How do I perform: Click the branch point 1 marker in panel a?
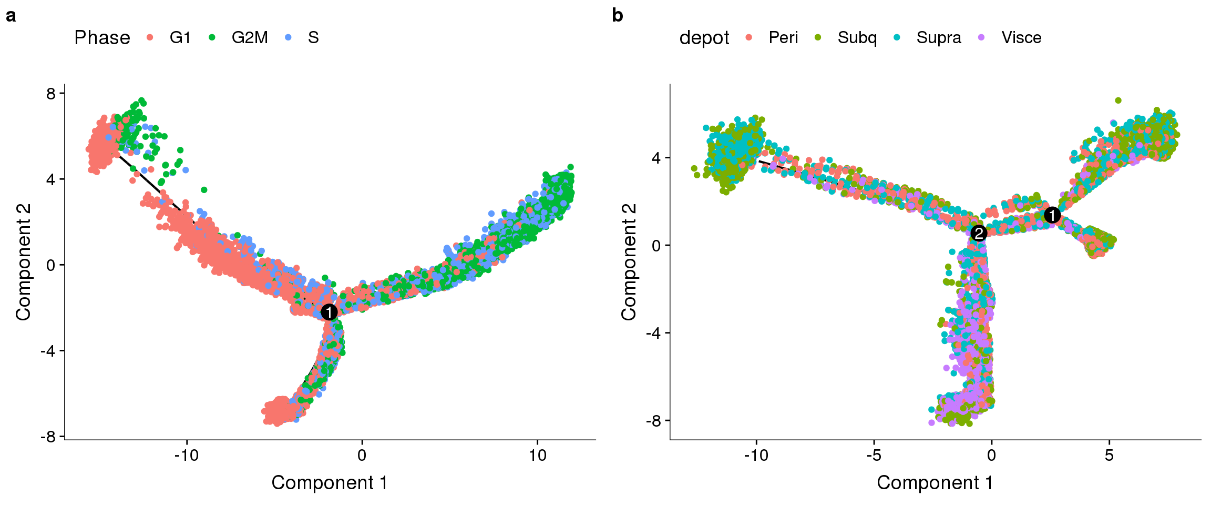point(329,312)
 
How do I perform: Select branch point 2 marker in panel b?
point(978,233)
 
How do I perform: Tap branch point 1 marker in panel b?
point(1052,215)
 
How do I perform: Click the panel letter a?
point(11,16)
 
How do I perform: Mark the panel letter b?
point(618,16)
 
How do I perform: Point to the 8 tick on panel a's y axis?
point(51,94)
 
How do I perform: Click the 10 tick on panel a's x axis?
point(537,455)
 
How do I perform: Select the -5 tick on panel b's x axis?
point(874,455)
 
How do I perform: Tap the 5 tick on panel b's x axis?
point(1109,455)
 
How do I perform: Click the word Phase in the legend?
point(102,38)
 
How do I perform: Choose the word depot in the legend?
point(704,38)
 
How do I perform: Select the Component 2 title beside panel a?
point(24,261)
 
